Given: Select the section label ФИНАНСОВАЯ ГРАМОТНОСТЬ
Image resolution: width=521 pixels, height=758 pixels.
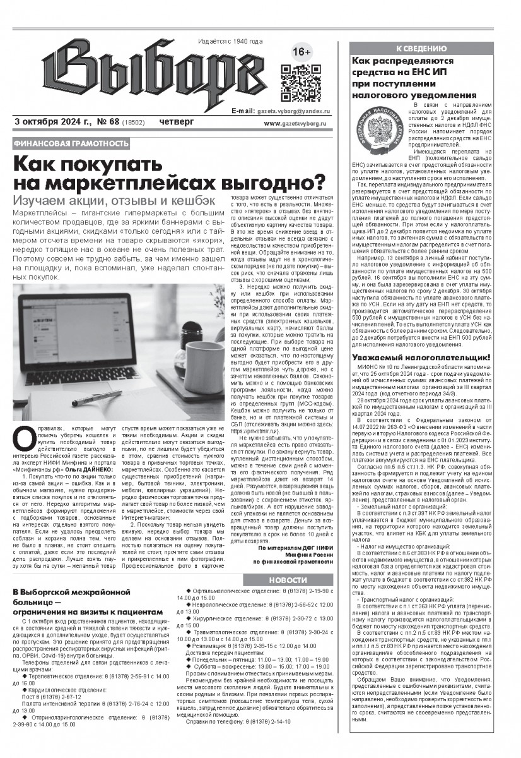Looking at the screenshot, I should click(71, 144).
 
